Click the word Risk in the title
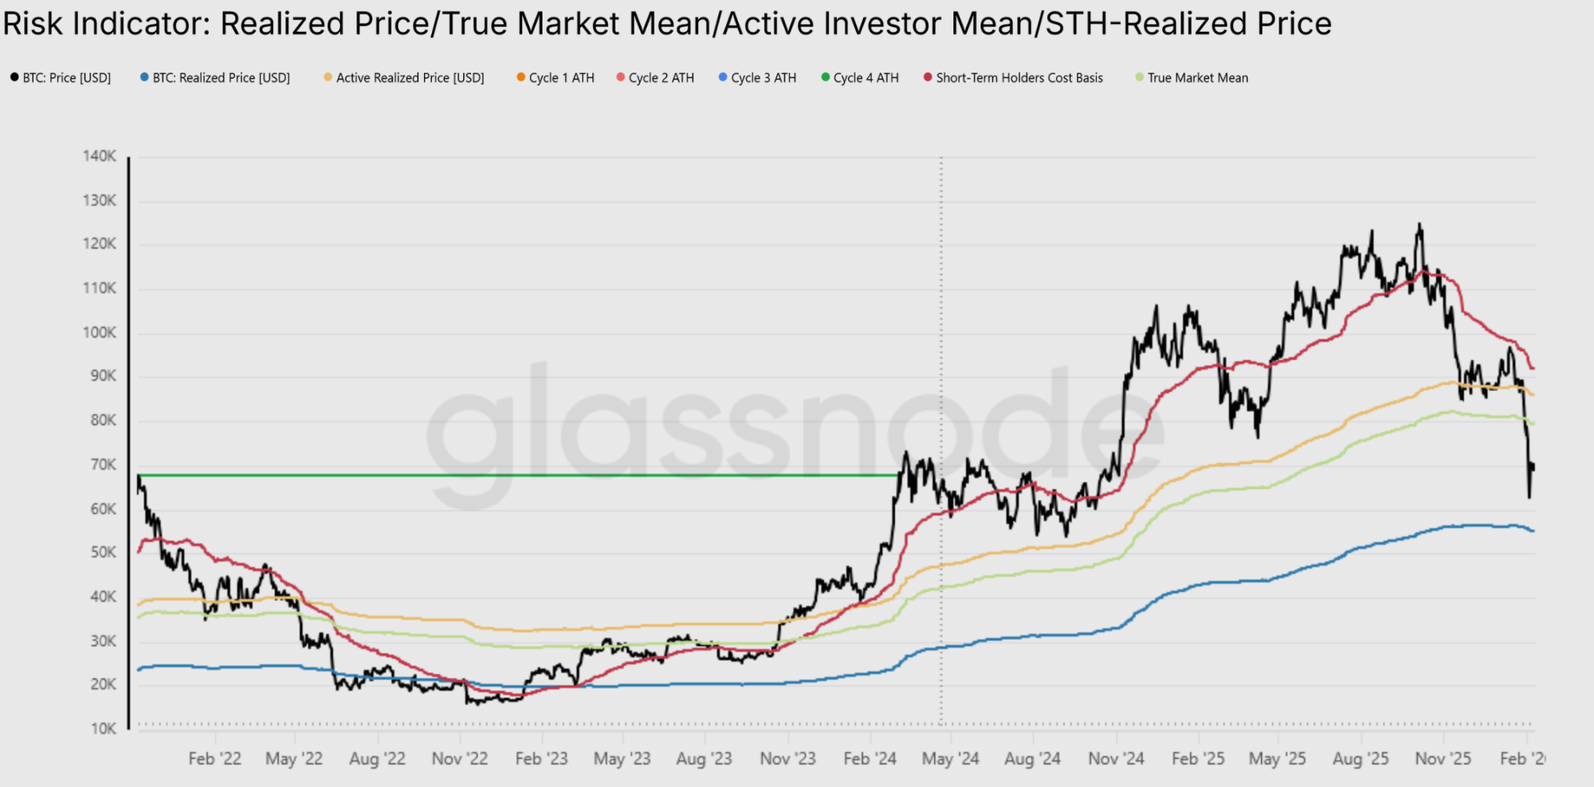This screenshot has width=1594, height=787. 32,24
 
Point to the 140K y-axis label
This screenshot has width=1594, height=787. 100,156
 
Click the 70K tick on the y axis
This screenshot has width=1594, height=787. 103,464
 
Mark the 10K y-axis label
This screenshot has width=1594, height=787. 103,728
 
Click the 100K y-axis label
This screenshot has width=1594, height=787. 100,332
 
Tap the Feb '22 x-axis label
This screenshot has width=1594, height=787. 214,758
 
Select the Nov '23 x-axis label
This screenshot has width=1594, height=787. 787,758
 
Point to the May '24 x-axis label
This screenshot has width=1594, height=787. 950,758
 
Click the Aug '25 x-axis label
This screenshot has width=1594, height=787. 1360,758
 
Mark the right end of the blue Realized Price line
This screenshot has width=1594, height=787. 1533,531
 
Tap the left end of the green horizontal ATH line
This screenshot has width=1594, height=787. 139,476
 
